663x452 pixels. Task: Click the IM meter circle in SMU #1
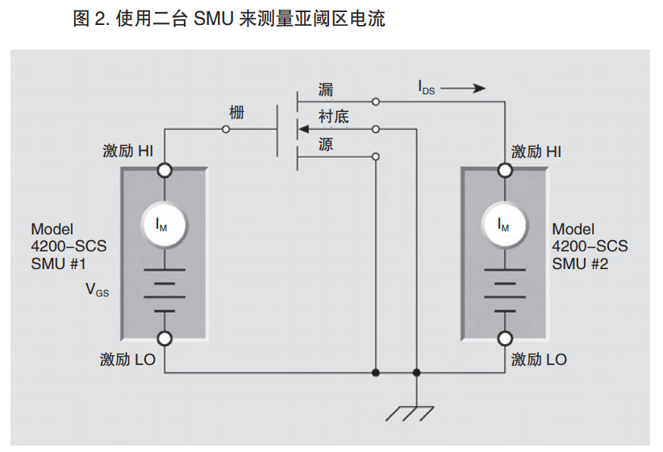coord(165,225)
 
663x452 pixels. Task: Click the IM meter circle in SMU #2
coord(506,225)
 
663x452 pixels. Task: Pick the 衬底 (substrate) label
coord(334,117)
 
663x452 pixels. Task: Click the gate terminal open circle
coord(226,129)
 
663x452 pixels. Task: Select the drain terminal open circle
coord(376,102)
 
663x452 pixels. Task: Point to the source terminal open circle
coord(376,156)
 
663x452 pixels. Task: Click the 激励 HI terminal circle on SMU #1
coord(165,170)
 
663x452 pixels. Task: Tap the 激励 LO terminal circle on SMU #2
coord(506,338)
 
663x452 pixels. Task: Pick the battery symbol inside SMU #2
coord(506,290)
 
